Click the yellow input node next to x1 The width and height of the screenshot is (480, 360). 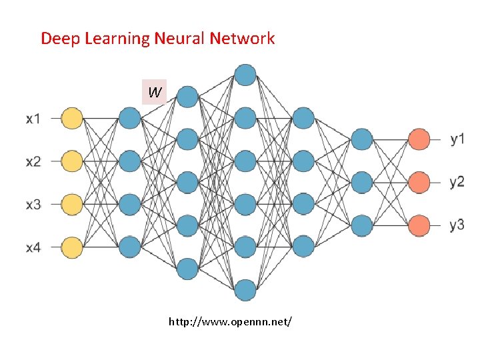71,119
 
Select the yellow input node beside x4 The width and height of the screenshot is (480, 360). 71,247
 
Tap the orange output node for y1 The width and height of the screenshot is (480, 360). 419,139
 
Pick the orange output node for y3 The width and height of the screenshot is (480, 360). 419,225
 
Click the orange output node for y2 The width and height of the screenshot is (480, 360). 419,182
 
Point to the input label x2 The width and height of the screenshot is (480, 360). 33,162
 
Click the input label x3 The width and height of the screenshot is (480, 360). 33,205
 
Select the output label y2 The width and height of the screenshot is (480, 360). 457,182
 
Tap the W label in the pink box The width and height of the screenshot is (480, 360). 154,92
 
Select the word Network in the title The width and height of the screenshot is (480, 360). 243,38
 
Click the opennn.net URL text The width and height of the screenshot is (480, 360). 230,323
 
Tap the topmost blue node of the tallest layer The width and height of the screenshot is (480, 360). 245,75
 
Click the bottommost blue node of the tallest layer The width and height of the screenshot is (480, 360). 245,290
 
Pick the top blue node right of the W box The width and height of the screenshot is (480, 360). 187,97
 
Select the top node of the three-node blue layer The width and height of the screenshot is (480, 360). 361,139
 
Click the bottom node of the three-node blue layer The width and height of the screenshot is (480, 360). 361,225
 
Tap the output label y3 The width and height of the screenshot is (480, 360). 457,225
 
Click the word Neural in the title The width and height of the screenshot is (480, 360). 181,38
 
